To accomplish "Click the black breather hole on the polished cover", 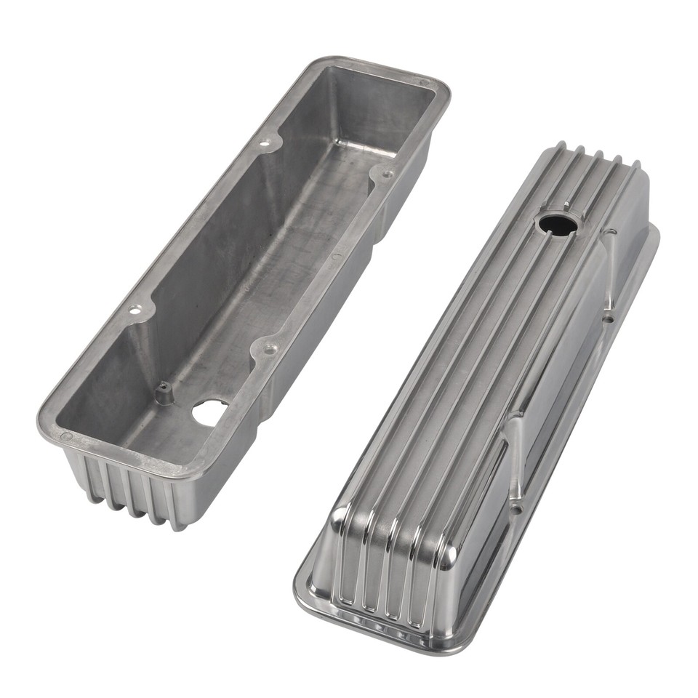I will click(x=558, y=224).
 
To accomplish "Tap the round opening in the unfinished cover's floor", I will click(x=209, y=413).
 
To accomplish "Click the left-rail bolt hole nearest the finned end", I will click(x=133, y=309).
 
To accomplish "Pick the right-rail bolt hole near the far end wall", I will click(x=386, y=174).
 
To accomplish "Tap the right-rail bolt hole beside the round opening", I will click(x=270, y=350).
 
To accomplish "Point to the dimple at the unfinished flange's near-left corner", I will click(x=66, y=436).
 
